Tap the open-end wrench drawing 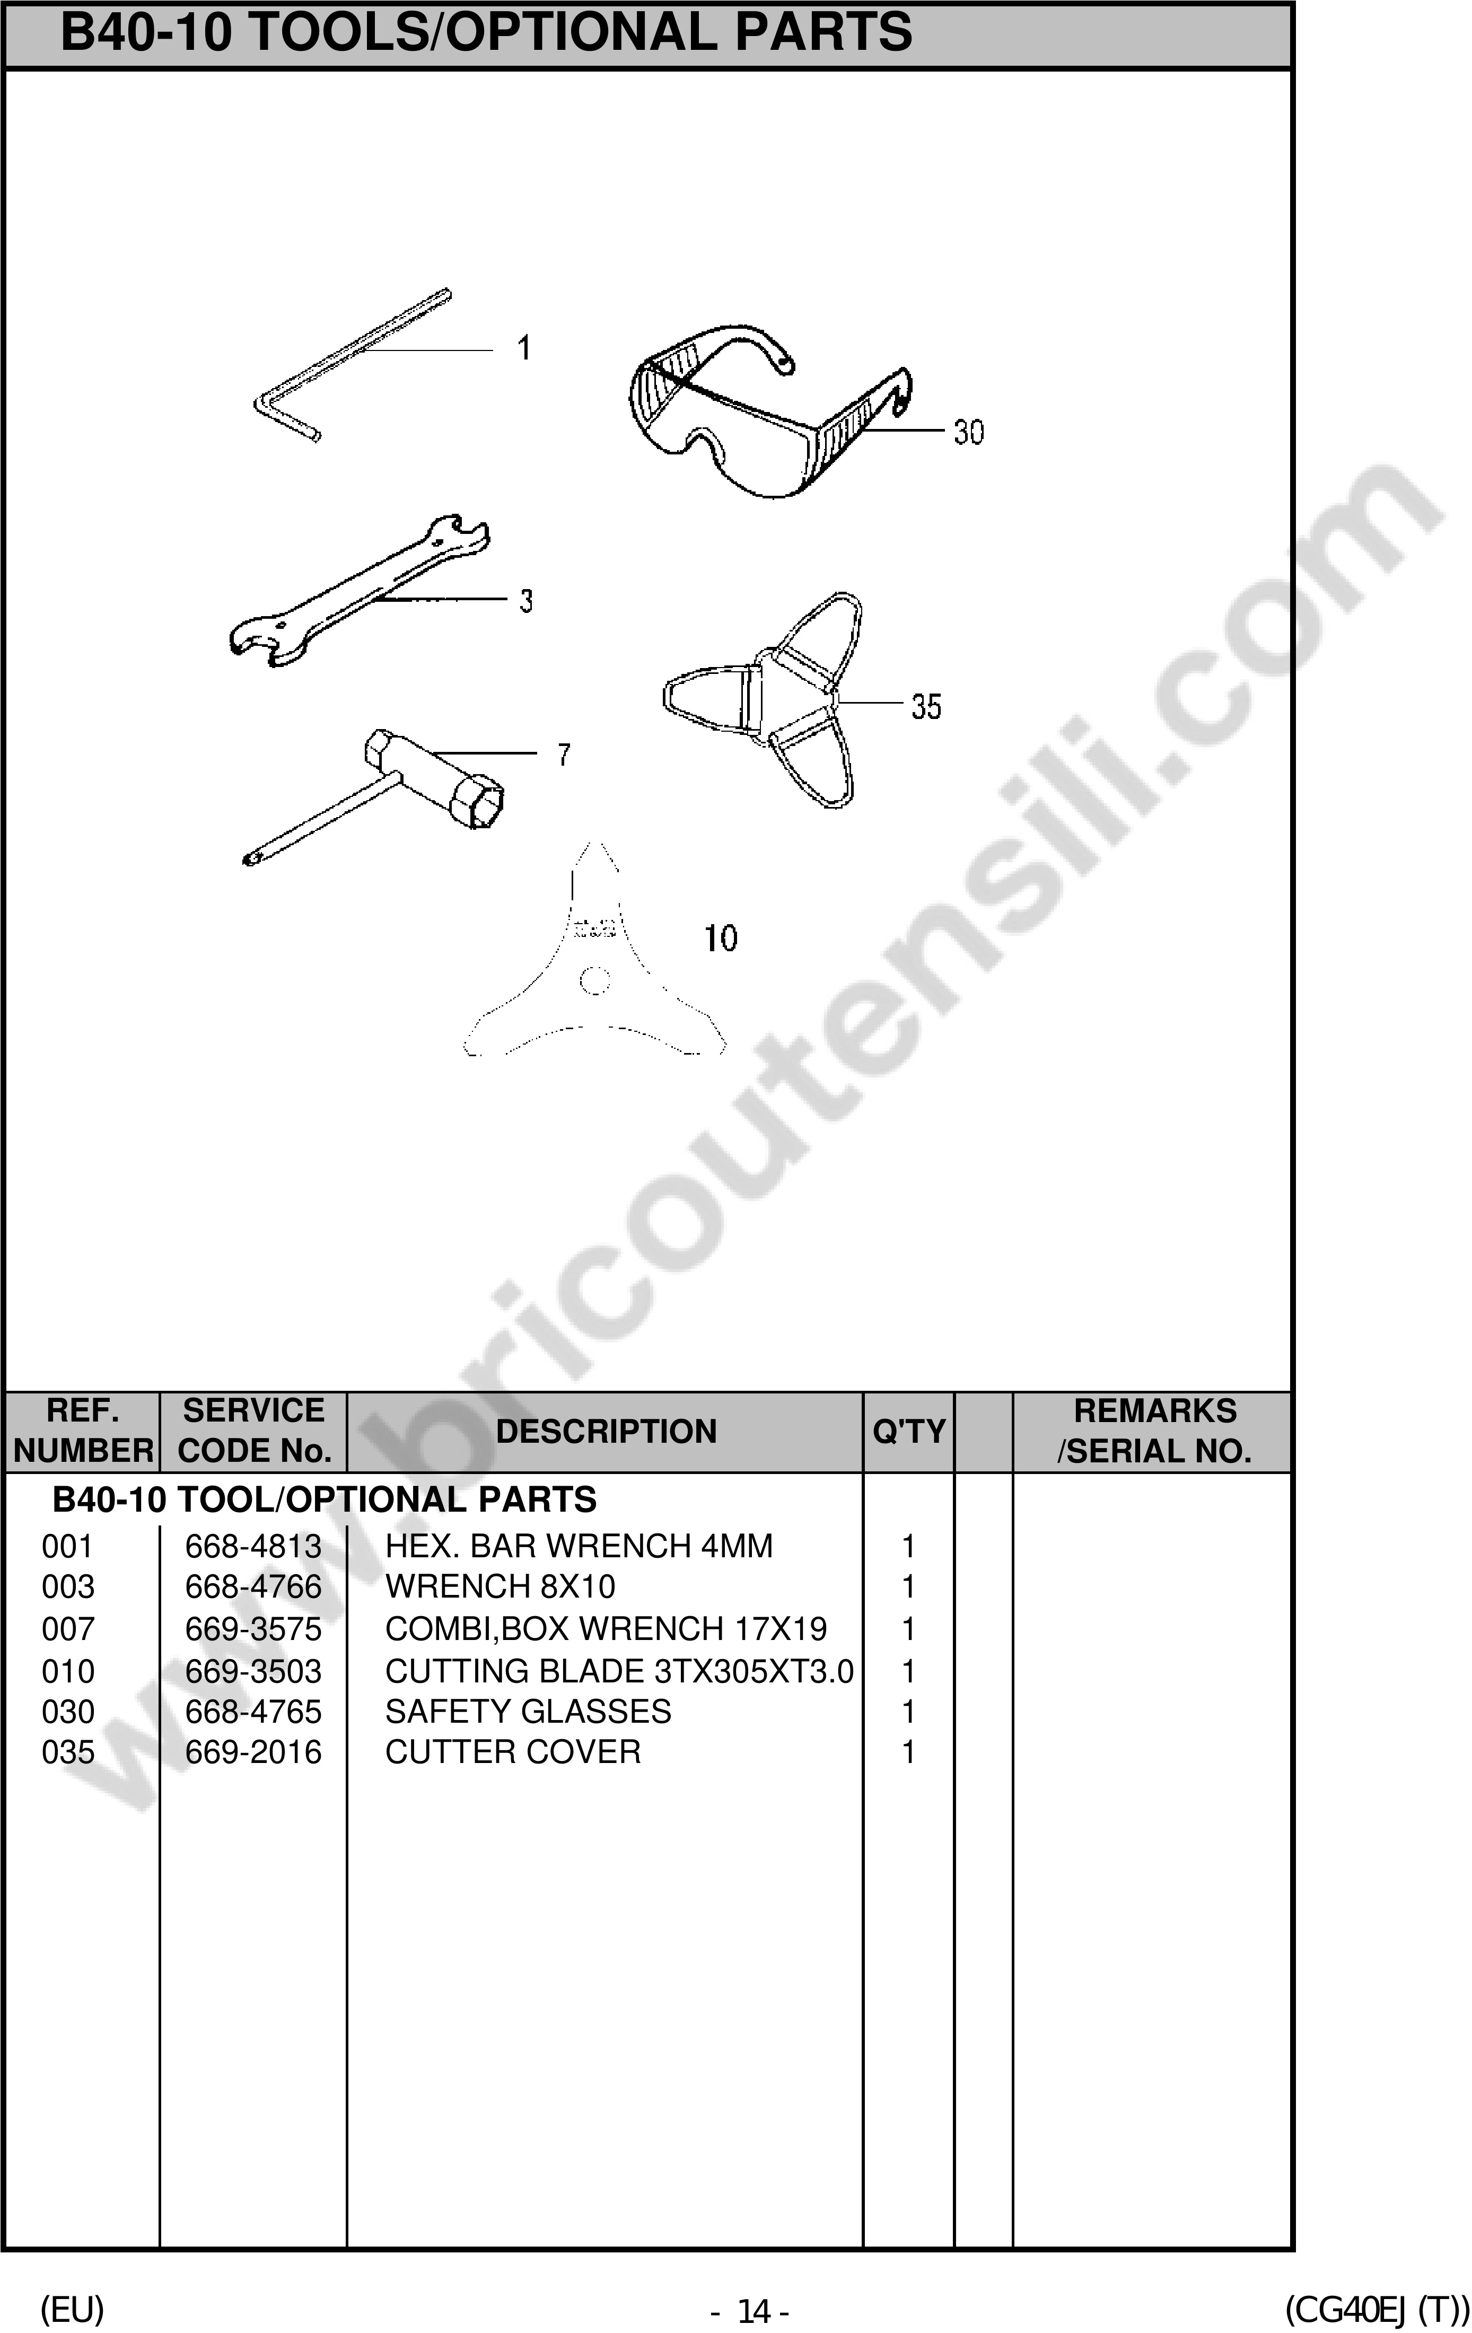(358, 593)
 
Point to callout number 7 (564, 754)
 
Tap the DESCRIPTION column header (606, 1431)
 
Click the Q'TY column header (908, 1431)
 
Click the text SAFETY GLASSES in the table (528, 1711)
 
